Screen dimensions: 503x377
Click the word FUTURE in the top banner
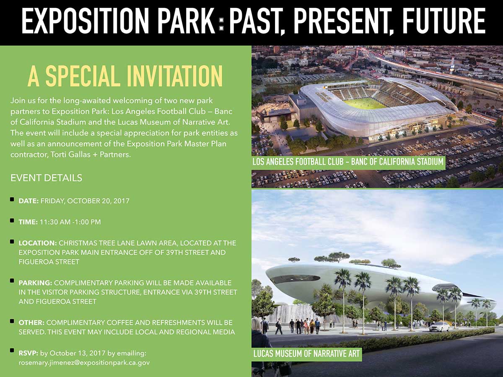click(x=443, y=21)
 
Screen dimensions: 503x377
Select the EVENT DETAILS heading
click(x=46, y=178)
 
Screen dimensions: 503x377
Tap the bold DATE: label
click(x=29, y=201)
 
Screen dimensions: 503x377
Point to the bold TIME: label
click(x=28, y=222)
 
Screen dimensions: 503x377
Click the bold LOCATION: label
click(x=38, y=243)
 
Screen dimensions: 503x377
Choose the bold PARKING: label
click(x=36, y=283)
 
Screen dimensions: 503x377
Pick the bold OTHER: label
click(x=31, y=323)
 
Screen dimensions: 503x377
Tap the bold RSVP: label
click(x=29, y=353)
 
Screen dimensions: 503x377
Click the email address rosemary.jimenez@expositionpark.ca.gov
click(x=84, y=363)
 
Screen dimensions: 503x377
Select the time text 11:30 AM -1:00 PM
click(x=70, y=222)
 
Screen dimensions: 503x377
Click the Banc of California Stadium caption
click(x=348, y=162)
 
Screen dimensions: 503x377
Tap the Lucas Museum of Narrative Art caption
click(x=306, y=354)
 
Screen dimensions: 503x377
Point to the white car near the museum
click(x=439, y=326)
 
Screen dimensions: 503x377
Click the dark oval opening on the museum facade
click(x=296, y=279)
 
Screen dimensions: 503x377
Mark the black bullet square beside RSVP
click(x=12, y=351)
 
